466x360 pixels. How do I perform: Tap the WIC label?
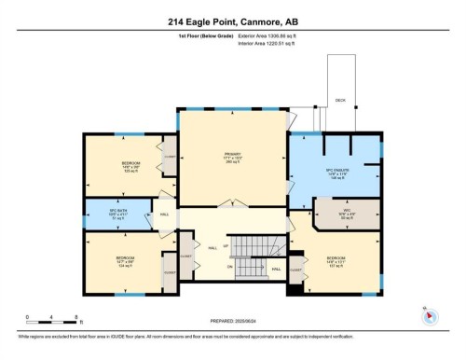point(345,211)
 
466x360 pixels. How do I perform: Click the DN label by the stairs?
point(228,267)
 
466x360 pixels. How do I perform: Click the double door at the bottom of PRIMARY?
point(232,201)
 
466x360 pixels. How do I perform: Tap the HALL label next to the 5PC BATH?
point(165,215)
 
